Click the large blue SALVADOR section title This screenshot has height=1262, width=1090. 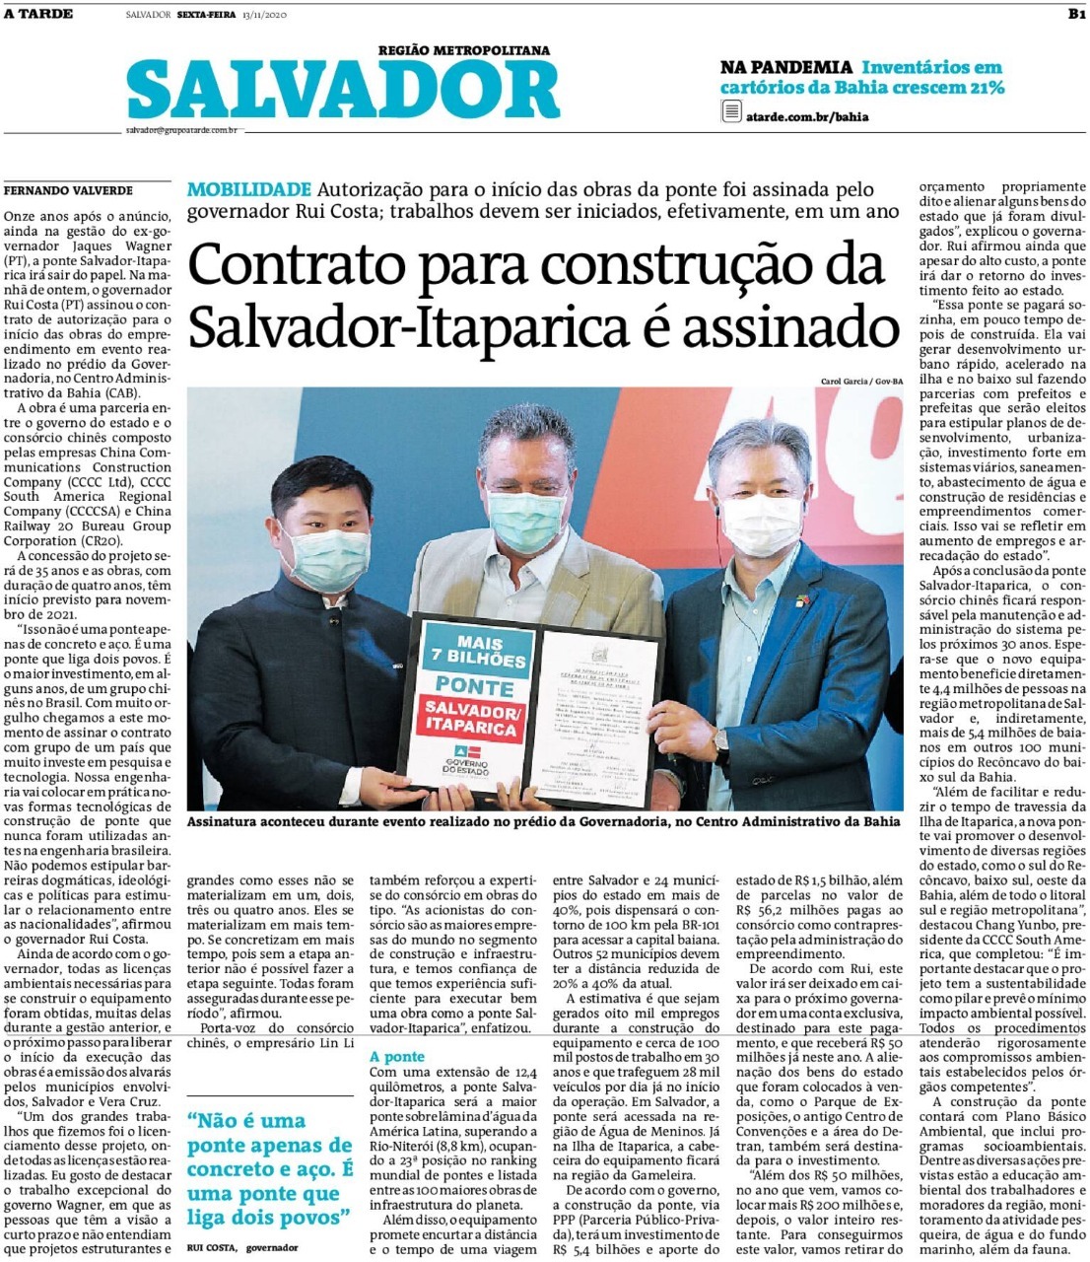click(x=343, y=91)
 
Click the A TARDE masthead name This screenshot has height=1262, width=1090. click(x=38, y=14)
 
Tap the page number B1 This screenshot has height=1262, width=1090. click(x=1075, y=14)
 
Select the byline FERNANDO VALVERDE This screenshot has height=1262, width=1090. click(x=68, y=190)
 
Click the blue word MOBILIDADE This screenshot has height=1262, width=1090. click(x=249, y=189)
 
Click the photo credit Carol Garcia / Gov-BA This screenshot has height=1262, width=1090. click(x=860, y=382)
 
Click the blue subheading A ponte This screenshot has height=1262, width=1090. click(x=397, y=1056)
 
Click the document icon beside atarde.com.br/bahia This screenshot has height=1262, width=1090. click(x=731, y=112)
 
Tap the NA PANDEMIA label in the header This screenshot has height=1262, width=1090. click(x=785, y=68)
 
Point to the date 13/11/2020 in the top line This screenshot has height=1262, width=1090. click(x=264, y=15)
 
